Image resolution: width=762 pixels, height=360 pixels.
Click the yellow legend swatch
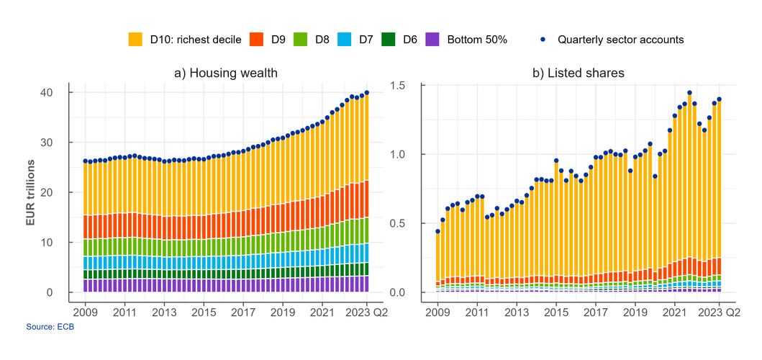click(135, 39)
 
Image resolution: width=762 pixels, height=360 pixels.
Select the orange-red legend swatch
click(256, 39)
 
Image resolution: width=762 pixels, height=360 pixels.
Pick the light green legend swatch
click(301, 39)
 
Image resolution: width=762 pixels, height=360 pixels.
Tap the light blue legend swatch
click(344, 39)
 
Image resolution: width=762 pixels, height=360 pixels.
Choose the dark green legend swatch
click(389, 39)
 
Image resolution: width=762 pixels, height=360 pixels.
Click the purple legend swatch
click(432, 39)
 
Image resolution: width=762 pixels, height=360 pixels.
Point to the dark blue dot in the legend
click(543, 39)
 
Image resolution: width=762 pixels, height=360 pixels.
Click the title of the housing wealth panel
click(225, 73)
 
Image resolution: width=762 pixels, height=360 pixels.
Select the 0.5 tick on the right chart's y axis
click(398, 224)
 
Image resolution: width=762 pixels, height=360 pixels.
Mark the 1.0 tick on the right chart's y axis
click(398, 155)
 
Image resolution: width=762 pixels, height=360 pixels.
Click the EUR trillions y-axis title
click(31, 192)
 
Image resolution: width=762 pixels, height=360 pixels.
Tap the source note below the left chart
click(50, 327)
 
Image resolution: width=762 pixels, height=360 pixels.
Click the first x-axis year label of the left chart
click(85, 312)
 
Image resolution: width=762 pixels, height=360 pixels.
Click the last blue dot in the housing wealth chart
click(367, 91)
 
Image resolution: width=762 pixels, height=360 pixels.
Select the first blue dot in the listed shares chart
click(437, 230)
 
